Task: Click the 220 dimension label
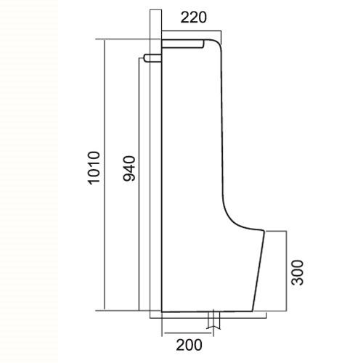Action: coord(194,17)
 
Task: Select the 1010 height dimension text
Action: coord(94,168)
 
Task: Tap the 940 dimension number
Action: coord(129,168)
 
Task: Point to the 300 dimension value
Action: coord(297,272)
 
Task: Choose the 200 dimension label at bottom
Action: coord(189,345)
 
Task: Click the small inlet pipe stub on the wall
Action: coord(152,58)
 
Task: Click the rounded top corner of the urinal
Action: coord(217,42)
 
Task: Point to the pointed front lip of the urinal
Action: coord(264,230)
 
